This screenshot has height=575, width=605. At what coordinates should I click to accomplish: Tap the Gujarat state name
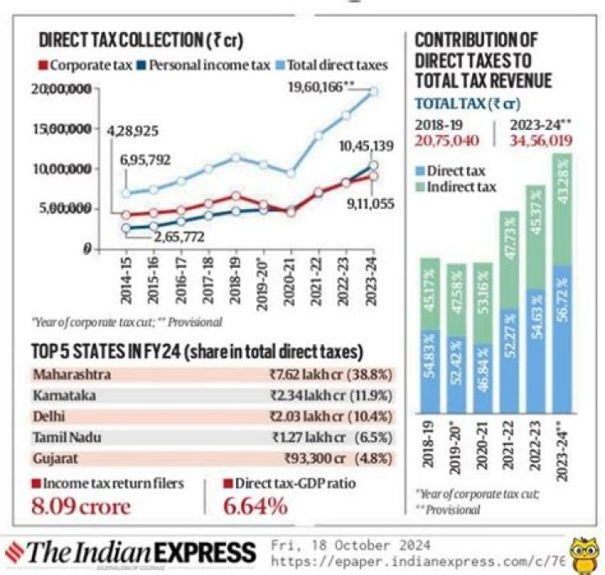[56, 458]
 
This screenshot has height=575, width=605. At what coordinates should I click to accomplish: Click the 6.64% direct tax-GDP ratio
[255, 507]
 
